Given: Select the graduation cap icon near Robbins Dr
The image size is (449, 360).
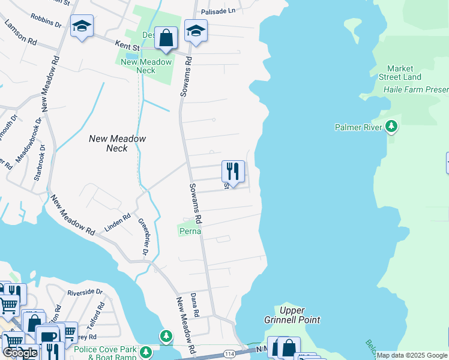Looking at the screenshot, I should (82, 26).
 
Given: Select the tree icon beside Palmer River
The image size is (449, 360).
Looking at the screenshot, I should (391, 127).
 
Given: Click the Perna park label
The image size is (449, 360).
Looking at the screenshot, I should (189, 230).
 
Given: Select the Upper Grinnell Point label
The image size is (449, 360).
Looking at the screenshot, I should (292, 315).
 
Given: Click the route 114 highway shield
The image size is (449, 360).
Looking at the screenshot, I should (247, 355).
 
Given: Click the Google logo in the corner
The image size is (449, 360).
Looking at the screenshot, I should (20, 353).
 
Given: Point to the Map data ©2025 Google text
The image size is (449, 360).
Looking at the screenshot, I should (412, 355).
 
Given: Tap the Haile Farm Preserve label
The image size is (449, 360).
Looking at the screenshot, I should (416, 90).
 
